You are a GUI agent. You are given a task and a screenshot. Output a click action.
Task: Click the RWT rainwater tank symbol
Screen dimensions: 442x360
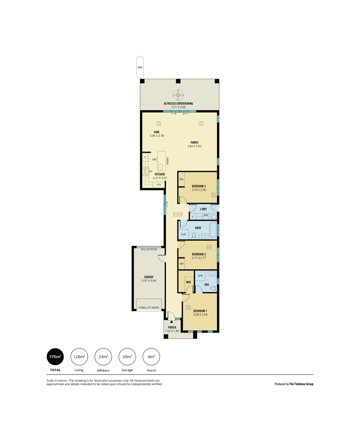[x=140, y=67]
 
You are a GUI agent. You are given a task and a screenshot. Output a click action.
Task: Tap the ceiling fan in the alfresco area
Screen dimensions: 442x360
[x=178, y=95]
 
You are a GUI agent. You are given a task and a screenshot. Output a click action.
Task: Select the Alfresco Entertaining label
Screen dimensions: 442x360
[x=178, y=104]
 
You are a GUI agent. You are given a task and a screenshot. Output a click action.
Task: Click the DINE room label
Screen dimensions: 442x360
[x=156, y=132]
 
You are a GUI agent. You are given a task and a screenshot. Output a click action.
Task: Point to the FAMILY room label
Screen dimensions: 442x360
[x=194, y=142]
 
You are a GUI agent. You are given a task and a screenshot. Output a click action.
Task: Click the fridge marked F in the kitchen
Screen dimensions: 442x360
[x=145, y=157]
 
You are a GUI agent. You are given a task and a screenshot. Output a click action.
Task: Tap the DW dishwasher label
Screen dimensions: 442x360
[x=154, y=160]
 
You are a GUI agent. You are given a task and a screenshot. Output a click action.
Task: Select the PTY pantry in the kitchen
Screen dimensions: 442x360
[x=159, y=185]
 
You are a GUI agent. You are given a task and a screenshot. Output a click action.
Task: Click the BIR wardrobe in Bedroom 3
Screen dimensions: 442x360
[x=181, y=179]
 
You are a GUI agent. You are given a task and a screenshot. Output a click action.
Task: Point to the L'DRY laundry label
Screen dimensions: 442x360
[x=203, y=209]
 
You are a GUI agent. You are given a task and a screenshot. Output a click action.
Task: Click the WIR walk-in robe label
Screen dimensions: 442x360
[x=188, y=282]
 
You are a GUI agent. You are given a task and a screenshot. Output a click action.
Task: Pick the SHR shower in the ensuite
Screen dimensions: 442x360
[x=200, y=276]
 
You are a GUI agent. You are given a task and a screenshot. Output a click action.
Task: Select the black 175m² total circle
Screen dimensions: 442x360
[x=55, y=357]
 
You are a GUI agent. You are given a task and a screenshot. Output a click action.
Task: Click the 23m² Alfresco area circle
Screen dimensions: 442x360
[x=103, y=357]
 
